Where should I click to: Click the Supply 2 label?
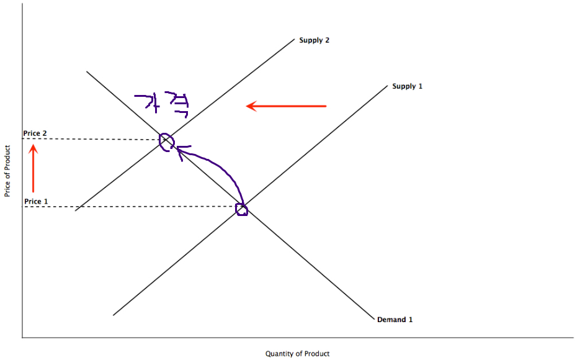point(314,40)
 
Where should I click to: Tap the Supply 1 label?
point(407,86)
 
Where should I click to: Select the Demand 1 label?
point(394,320)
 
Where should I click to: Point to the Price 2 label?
point(35,133)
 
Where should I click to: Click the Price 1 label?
point(36,202)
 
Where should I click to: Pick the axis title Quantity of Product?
point(298,354)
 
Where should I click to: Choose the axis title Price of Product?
point(7,171)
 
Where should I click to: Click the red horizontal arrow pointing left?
point(286,106)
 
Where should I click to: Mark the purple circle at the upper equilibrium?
point(167,142)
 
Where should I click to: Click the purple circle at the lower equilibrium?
point(242,209)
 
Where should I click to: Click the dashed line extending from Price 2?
point(93,139)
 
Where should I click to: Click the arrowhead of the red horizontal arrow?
point(251,106)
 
